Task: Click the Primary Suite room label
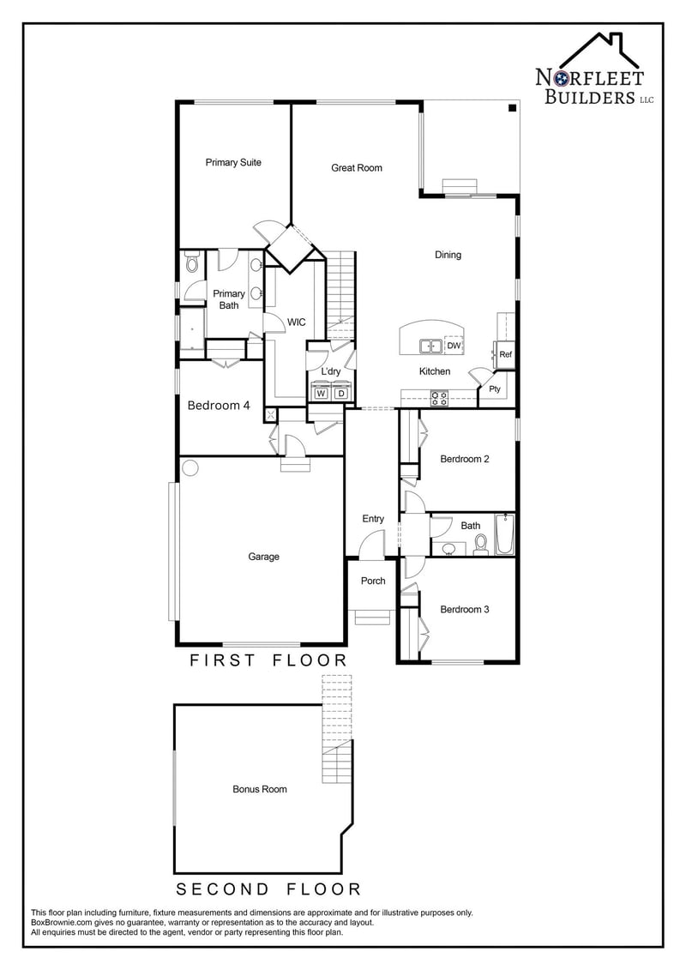click(233, 162)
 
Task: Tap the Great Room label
click(357, 167)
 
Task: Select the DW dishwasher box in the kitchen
click(454, 346)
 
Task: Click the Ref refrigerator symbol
click(505, 354)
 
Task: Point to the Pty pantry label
click(494, 389)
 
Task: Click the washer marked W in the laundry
click(321, 393)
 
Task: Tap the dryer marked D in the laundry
click(340, 393)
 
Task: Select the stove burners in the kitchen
click(438, 398)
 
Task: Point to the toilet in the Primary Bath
click(191, 262)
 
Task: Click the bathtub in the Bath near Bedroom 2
click(505, 533)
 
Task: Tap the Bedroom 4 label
click(219, 405)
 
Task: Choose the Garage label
click(264, 557)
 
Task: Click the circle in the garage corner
click(190, 468)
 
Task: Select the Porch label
click(373, 581)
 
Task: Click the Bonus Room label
click(260, 789)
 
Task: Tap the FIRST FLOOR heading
click(268, 660)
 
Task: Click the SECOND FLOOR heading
click(268, 889)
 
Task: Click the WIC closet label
click(296, 322)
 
